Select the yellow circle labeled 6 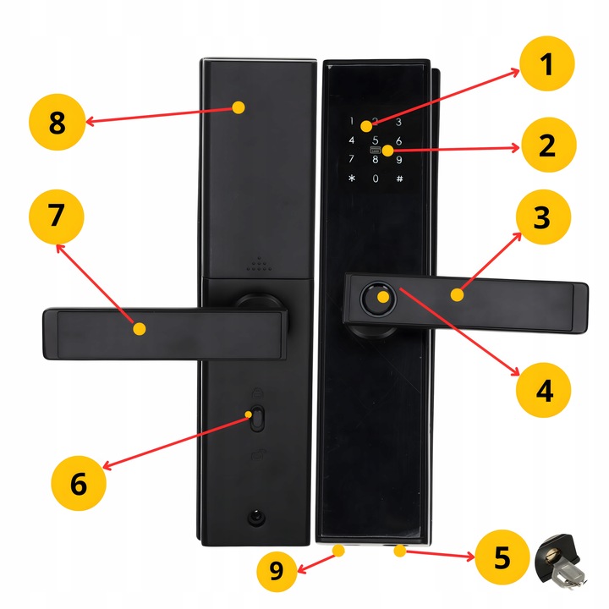pyautogui.click(x=78, y=484)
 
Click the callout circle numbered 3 pyautogui.click(x=542, y=218)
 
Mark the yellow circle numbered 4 pyautogui.click(x=544, y=390)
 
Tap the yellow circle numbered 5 pyautogui.click(x=502, y=557)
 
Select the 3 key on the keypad pyautogui.click(x=398, y=122)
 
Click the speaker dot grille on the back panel pyautogui.click(x=257, y=265)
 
